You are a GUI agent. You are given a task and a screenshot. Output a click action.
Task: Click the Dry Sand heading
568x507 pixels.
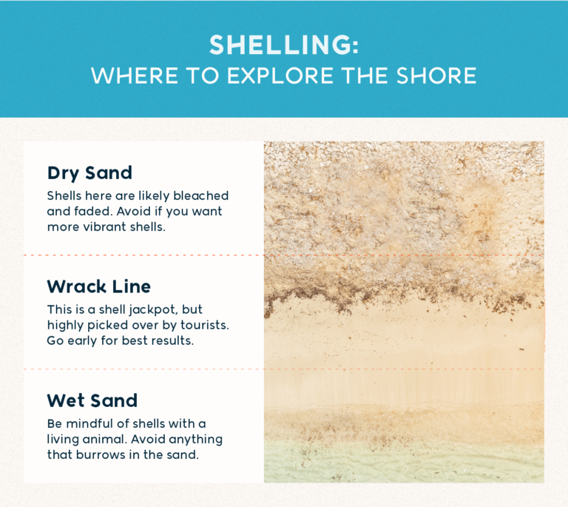coord(89,173)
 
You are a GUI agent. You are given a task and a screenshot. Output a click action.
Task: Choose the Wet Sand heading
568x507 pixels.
coord(92,400)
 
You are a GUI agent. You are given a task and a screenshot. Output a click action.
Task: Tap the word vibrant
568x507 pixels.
coord(103,226)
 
